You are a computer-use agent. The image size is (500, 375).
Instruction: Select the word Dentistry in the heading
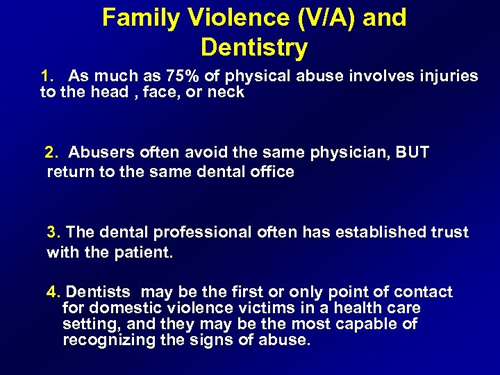click(x=253, y=48)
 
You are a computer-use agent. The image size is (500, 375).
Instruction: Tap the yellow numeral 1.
click(x=47, y=76)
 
